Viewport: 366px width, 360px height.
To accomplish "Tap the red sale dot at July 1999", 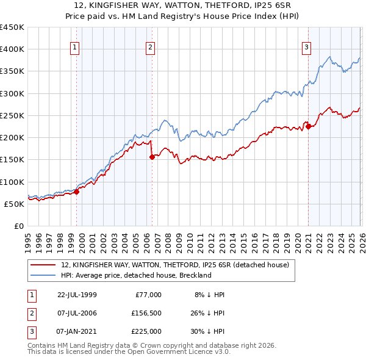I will point(77,192).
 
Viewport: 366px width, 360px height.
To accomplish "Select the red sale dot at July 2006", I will point(152,157).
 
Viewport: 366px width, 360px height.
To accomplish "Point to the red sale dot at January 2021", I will point(309,127).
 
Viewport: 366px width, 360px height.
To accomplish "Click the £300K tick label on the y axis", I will point(12,93).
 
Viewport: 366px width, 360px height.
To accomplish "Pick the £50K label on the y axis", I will point(13,204).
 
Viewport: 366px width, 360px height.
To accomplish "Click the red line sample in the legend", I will point(43,265).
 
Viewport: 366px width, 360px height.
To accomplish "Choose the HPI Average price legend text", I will point(136,275).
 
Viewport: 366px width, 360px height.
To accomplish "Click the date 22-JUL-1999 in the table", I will point(77,295).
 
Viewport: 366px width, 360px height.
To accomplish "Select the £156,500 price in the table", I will point(146,313).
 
